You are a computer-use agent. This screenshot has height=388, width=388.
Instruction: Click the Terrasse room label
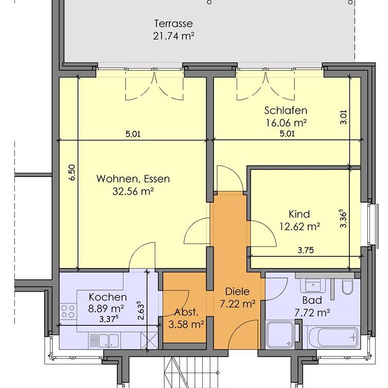(x=173, y=23)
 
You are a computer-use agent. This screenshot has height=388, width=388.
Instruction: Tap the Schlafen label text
(x=286, y=110)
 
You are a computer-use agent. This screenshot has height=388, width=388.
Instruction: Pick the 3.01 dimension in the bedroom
(x=344, y=118)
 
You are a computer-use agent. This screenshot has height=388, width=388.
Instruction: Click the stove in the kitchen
(x=68, y=311)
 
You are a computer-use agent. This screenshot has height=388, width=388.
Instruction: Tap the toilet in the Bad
(x=346, y=288)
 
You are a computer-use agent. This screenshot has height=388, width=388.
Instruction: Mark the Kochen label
(x=108, y=297)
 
